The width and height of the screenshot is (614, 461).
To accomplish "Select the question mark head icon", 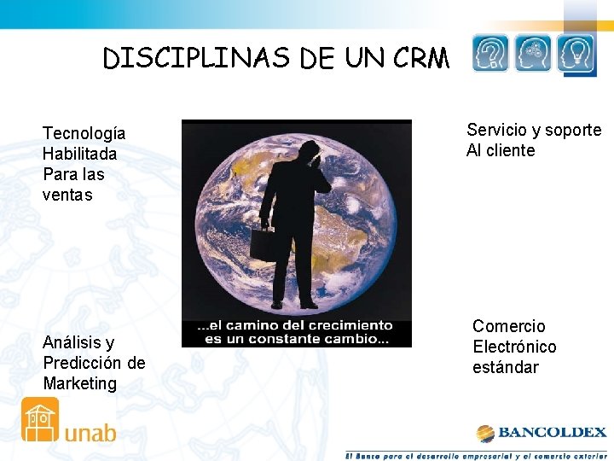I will (x=490, y=54).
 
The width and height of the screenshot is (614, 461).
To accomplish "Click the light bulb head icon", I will (x=576, y=54).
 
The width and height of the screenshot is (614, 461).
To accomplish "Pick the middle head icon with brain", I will (x=534, y=54).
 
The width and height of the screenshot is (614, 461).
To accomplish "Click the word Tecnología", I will (x=84, y=133).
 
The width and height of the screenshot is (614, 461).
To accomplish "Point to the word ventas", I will (x=67, y=195).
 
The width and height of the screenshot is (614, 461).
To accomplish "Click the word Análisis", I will (x=78, y=342).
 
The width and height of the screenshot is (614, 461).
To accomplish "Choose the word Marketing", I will (x=79, y=383).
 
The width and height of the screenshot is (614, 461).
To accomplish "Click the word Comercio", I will (x=508, y=326).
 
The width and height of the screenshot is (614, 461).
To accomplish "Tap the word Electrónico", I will (x=514, y=347).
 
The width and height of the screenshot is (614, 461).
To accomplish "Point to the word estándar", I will (x=506, y=367).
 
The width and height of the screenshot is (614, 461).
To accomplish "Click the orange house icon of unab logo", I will (x=40, y=419).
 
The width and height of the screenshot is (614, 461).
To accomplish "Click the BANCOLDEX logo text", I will (x=553, y=433).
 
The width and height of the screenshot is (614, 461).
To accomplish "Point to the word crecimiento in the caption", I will (x=350, y=325).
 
